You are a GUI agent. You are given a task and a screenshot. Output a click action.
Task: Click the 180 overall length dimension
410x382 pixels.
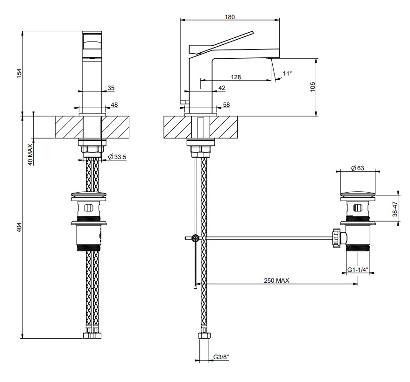pos(230,17)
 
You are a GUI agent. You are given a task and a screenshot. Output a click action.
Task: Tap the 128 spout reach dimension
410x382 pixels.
pos(236,77)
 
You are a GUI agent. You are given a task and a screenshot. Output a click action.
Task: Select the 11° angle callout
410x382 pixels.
pos(287,73)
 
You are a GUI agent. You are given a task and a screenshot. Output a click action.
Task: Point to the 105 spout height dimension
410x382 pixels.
pos(313,87)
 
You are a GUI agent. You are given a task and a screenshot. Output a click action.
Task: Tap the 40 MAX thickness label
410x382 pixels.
pos(30,154)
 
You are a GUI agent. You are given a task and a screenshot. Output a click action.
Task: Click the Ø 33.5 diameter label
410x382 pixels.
pos(117,157)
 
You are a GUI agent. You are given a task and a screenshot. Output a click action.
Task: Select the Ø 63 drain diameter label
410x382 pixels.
pos(358,168)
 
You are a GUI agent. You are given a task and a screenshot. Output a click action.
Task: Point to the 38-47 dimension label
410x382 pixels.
pos(395,209)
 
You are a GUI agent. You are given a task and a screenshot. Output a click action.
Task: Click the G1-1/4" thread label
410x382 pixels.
pos(358,270)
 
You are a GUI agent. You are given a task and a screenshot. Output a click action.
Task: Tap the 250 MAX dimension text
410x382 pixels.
pos(276,280)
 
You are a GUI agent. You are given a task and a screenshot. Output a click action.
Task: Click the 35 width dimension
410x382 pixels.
pos(111,88)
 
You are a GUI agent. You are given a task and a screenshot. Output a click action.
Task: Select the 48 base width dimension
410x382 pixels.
pos(114,104)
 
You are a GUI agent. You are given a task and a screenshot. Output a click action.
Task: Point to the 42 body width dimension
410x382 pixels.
pos(222,88)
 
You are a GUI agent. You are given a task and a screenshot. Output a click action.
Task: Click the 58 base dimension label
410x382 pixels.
pos(226,104)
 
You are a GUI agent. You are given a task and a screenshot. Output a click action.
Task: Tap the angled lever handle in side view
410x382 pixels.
pos(221,43)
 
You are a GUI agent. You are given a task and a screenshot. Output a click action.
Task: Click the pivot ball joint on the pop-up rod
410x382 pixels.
pos(195,238)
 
